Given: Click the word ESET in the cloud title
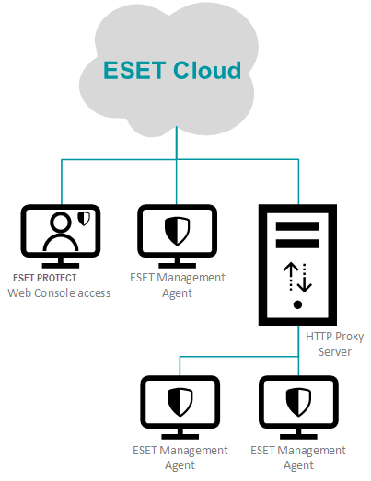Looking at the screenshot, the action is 134,70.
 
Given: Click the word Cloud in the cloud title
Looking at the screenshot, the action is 207,70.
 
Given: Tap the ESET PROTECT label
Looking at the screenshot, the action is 44,278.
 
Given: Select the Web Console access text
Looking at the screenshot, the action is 59,293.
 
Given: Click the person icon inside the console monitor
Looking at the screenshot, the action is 61,232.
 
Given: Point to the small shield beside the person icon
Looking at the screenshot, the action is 84,219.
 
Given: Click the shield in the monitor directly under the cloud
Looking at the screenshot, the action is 177,231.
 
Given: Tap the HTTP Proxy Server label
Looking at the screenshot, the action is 335,344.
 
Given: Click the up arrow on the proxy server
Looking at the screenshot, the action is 291,277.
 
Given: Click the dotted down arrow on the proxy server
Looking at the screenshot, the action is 305,278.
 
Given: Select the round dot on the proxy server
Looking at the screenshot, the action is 297,304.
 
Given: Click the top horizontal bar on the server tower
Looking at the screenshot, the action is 297,226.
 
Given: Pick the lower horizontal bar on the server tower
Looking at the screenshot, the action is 297,244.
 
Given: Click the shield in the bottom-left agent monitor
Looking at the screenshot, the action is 180,402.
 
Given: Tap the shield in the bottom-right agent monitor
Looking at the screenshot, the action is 298,402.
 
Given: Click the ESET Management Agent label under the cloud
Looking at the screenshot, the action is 178,285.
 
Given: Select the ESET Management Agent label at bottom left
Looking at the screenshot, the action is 180,458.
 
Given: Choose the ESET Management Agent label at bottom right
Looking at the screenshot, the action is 298,458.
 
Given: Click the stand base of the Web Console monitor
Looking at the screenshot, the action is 61,266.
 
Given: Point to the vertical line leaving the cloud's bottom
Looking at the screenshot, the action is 177,143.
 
